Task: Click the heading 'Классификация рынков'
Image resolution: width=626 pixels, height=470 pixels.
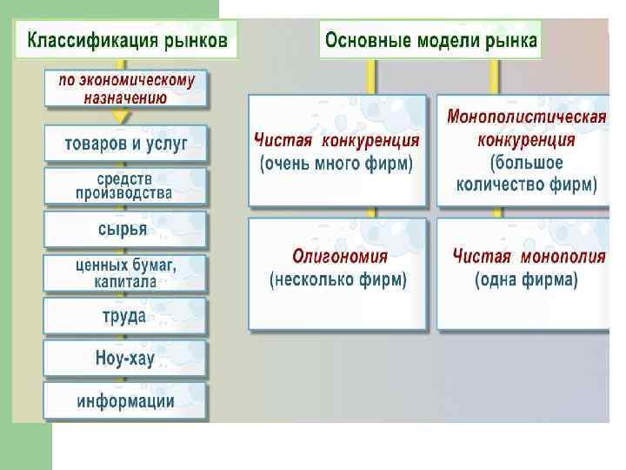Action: (x=127, y=40)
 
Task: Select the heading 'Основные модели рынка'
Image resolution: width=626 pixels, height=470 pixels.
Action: (x=430, y=40)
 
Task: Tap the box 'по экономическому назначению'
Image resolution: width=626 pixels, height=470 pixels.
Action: (x=126, y=88)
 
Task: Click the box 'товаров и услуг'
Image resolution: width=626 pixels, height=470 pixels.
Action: (x=126, y=144)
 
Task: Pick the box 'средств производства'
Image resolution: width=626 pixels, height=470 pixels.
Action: (x=126, y=186)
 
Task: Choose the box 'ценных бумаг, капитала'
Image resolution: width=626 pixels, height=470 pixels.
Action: (x=126, y=273)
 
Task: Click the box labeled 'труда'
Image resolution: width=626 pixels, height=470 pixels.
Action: (x=124, y=316)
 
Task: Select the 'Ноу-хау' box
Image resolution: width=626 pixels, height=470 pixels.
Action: (x=125, y=358)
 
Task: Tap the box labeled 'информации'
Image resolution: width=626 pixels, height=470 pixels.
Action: (x=126, y=401)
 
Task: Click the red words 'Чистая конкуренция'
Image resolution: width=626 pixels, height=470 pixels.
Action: (x=336, y=140)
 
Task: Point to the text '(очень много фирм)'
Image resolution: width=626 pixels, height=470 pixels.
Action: (x=336, y=164)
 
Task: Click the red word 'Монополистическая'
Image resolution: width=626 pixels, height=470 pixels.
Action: (x=526, y=117)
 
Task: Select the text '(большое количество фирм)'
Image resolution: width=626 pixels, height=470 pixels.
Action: (x=526, y=173)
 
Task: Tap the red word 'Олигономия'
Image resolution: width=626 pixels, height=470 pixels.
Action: (x=340, y=257)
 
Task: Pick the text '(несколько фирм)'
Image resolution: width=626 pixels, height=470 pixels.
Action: (x=338, y=280)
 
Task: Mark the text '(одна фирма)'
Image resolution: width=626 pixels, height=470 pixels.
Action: (x=527, y=280)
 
